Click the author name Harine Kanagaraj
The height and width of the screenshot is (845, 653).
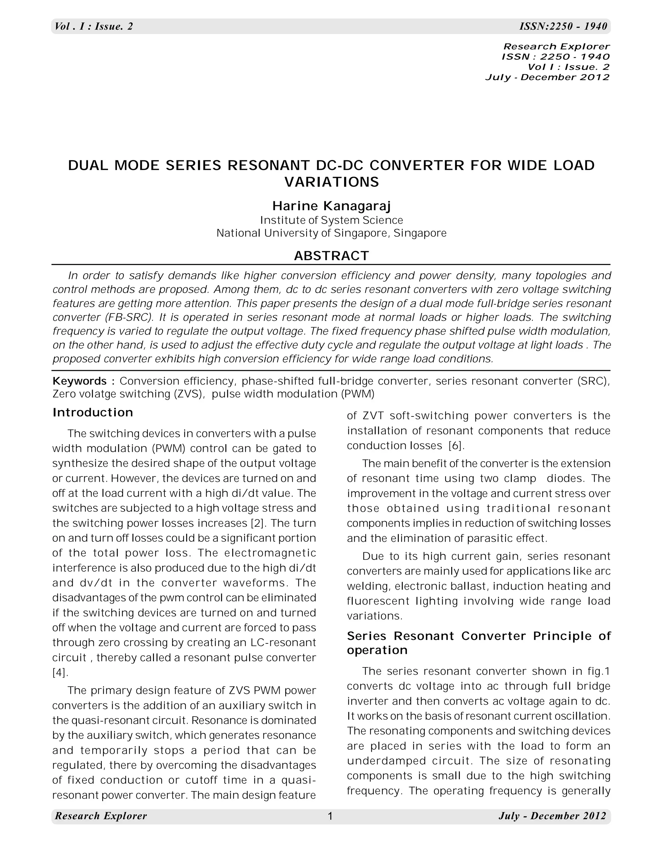click(x=332, y=206)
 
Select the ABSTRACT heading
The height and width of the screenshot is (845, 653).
click(x=332, y=256)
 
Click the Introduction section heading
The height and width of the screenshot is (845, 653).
click(x=93, y=412)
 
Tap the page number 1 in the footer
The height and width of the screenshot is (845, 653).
click(x=330, y=816)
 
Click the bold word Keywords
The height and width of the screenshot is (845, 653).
click(x=80, y=381)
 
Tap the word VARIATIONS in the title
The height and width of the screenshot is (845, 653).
click(x=332, y=182)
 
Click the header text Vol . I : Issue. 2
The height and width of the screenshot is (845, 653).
click(x=94, y=26)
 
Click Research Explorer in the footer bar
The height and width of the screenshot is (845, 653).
click(x=101, y=816)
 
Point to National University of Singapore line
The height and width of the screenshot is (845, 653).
click(x=332, y=233)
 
